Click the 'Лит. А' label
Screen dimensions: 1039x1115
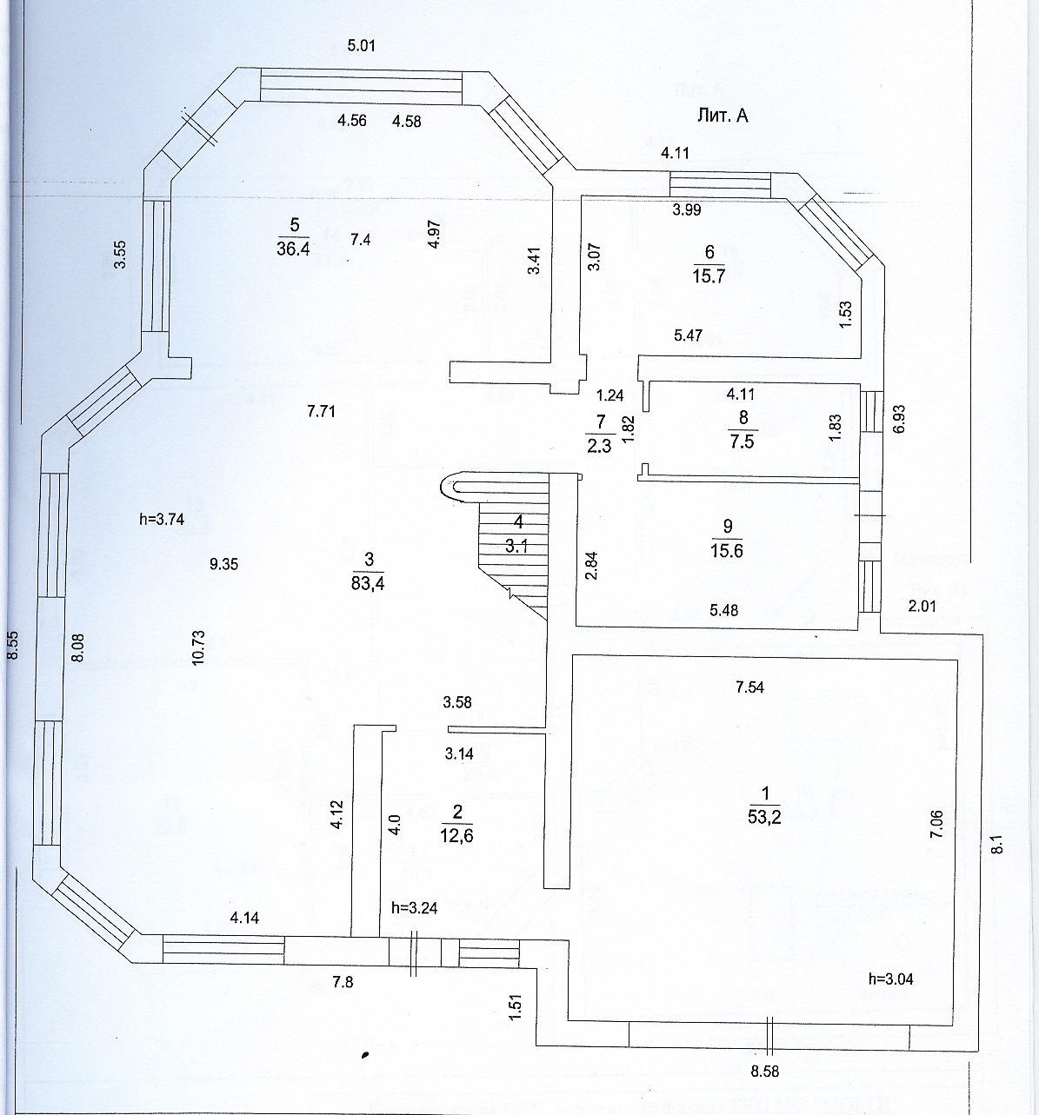tap(723, 116)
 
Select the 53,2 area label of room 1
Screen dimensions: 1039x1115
tap(764, 816)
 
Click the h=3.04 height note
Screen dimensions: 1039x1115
tap(890, 979)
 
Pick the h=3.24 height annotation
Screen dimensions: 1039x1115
tap(414, 908)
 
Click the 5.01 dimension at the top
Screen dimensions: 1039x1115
tap(361, 46)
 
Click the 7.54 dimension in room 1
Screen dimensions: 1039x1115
tap(749, 687)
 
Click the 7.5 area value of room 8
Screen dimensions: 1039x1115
tap(743, 441)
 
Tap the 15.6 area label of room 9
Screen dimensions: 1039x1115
tap(727, 550)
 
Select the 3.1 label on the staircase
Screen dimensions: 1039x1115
tap(519, 547)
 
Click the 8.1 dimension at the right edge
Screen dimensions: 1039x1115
tap(999, 844)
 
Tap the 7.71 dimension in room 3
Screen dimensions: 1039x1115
tap(322, 411)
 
